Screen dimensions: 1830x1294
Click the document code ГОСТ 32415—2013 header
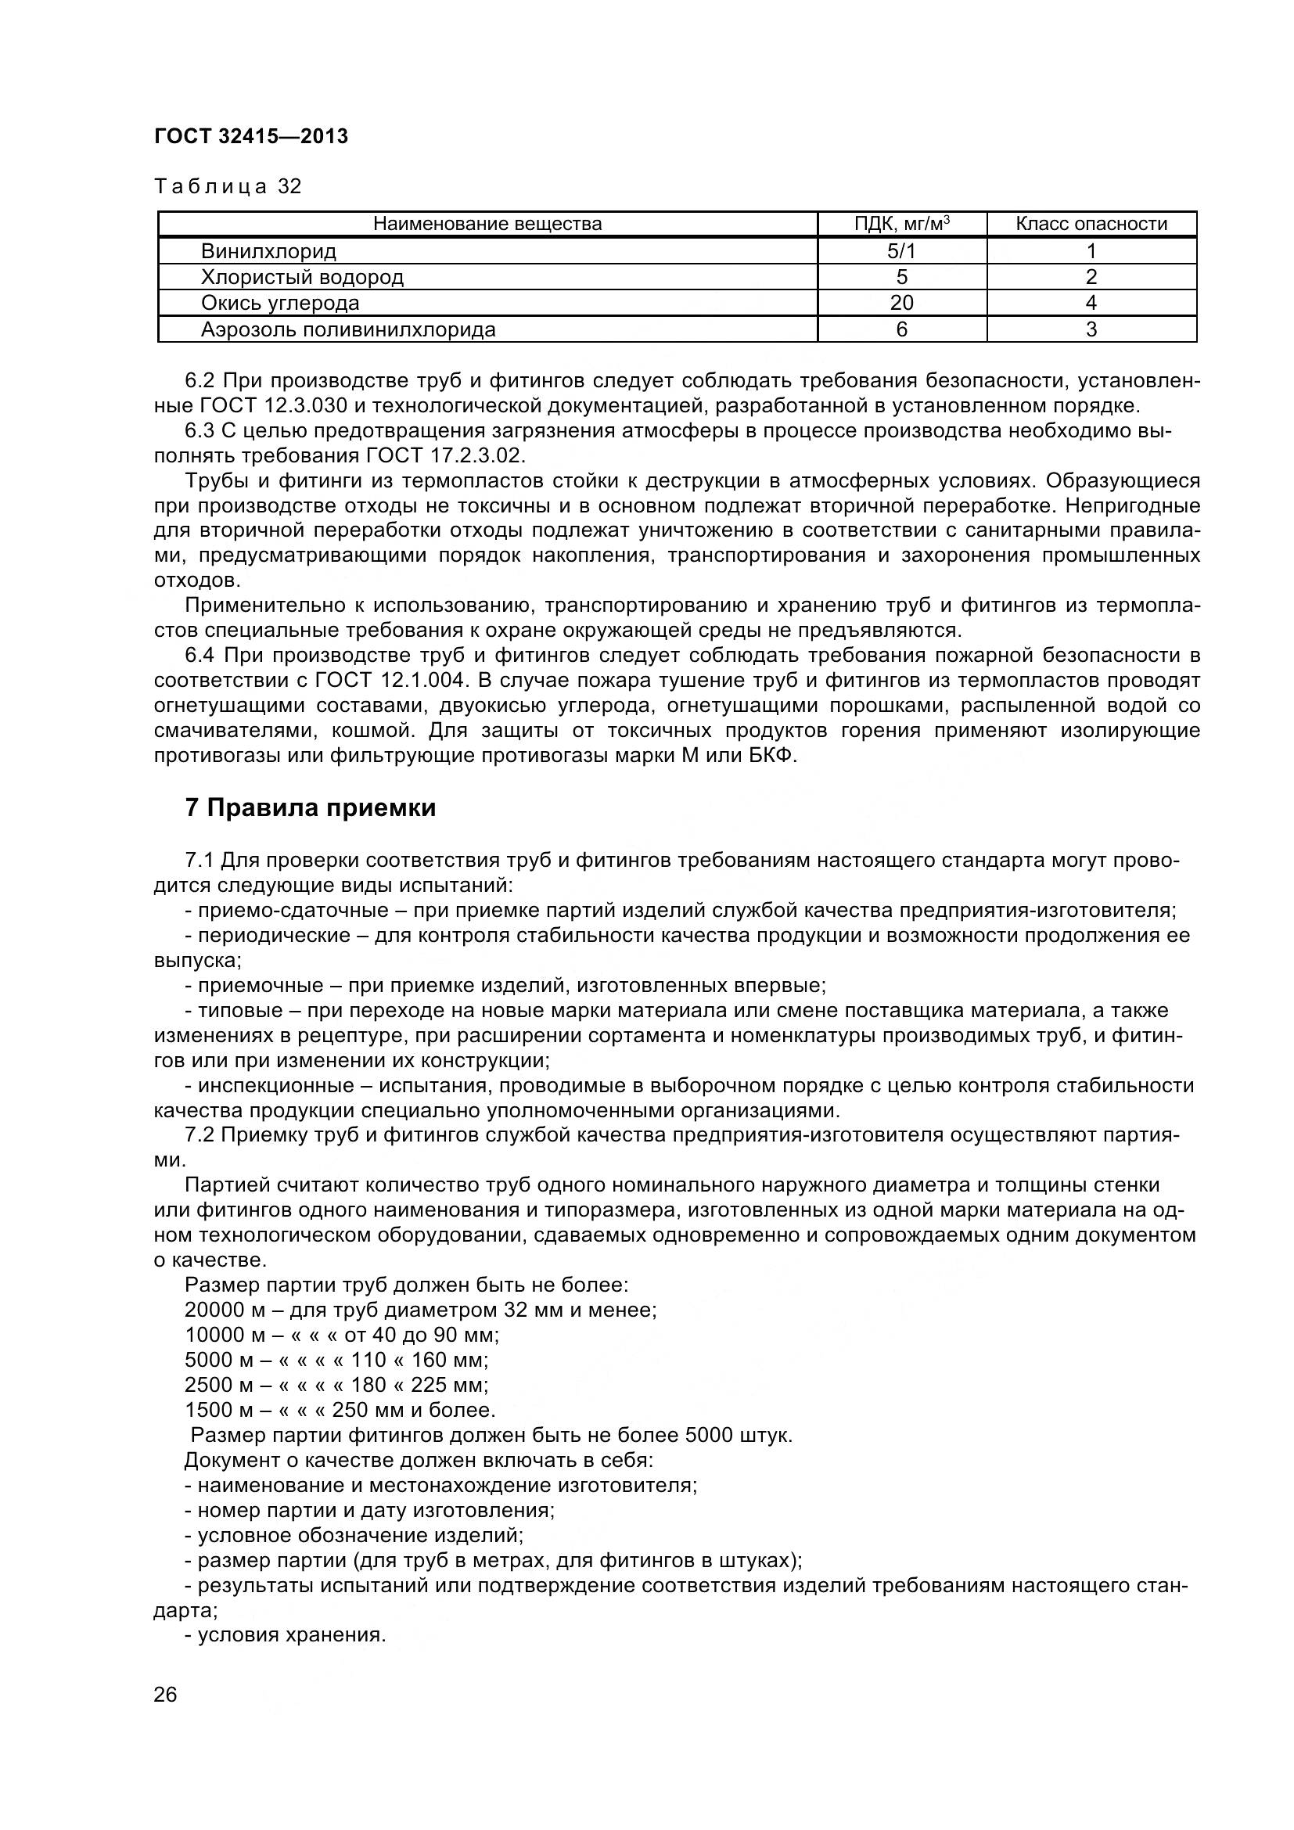[251, 136]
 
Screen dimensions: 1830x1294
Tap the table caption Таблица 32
[228, 186]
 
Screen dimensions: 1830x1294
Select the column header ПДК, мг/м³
[901, 224]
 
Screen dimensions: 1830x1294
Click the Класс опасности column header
[1091, 224]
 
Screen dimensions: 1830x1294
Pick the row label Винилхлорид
[268, 251]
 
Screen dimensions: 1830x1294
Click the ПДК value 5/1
[901, 251]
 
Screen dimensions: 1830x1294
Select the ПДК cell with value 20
[901, 303]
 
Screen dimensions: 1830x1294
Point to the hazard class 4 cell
[1091, 303]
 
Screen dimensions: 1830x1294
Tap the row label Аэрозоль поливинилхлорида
[348, 329]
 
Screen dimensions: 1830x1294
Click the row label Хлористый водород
[302, 278]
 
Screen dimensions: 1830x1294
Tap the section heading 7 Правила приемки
[311, 808]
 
